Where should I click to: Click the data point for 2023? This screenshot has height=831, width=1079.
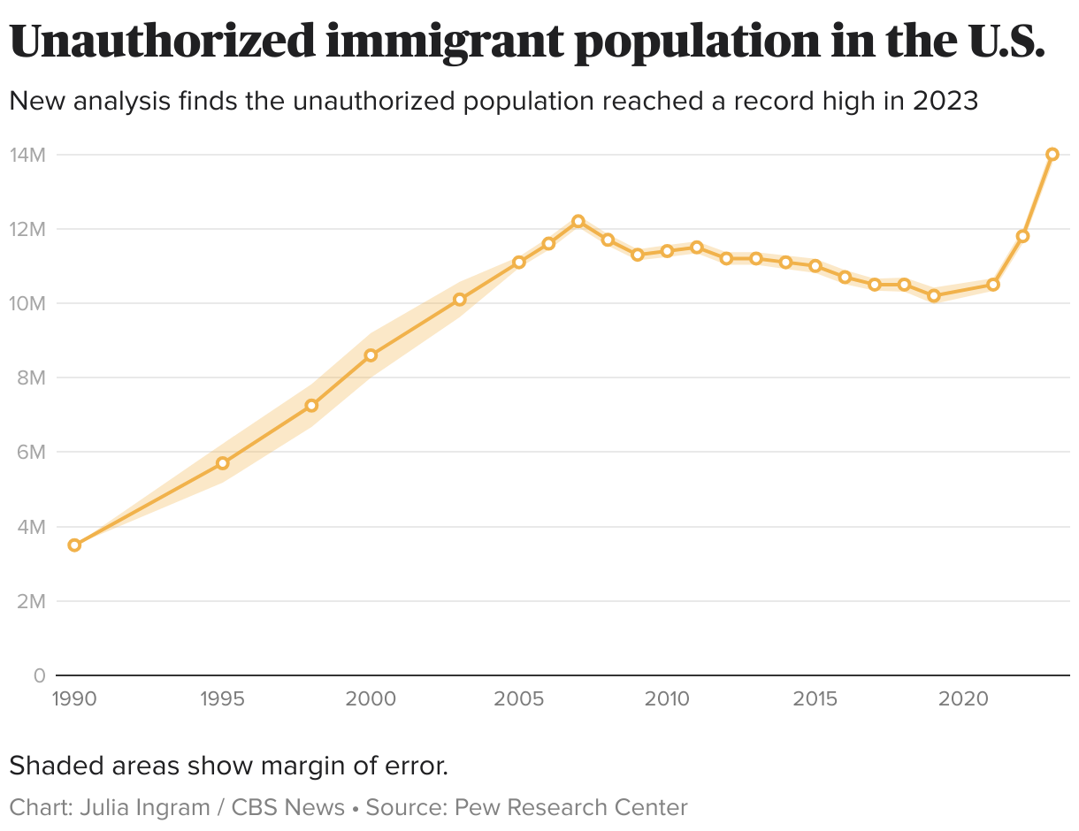[x=1052, y=154]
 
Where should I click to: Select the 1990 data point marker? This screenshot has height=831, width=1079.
[x=74, y=545]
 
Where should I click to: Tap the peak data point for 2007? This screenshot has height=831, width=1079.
[x=578, y=221]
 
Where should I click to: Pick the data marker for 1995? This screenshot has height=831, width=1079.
[x=223, y=463]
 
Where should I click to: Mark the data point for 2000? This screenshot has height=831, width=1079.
[x=371, y=355]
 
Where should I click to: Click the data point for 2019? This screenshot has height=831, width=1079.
[x=934, y=296]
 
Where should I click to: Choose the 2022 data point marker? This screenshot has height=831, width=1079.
[x=1022, y=236]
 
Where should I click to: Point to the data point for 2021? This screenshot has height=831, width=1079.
[x=993, y=285]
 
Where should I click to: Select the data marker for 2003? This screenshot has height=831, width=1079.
[x=460, y=300]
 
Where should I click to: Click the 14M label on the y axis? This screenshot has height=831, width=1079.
[x=27, y=155]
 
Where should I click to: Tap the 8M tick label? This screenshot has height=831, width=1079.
[x=29, y=377]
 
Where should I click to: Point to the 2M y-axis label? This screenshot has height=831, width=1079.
[x=29, y=601]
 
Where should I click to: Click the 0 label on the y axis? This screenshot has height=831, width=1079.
[x=39, y=675]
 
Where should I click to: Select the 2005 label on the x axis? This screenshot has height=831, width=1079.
[x=519, y=699]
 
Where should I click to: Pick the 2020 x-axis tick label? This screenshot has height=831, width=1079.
[x=963, y=699]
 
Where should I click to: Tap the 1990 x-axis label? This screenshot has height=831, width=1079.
[x=74, y=699]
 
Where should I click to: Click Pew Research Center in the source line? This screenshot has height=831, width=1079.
[x=570, y=807]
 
